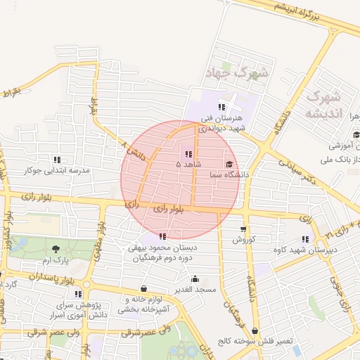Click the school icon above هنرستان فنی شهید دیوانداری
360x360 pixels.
click(x=221, y=107)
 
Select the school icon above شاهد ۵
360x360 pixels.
click(x=188, y=153)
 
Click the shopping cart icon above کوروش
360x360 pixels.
click(x=243, y=229)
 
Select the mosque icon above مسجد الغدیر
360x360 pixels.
click(x=195, y=279)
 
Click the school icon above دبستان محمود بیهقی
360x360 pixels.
click(x=163, y=236)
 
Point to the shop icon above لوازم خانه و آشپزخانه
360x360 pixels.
click(x=143, y=288)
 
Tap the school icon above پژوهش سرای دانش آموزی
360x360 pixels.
click(x=78, y=293)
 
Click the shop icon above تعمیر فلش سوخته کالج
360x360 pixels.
click(x=255, y=330)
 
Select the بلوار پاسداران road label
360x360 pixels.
click(x=53, y=281)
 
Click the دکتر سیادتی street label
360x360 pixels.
click(x=298, y=170)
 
